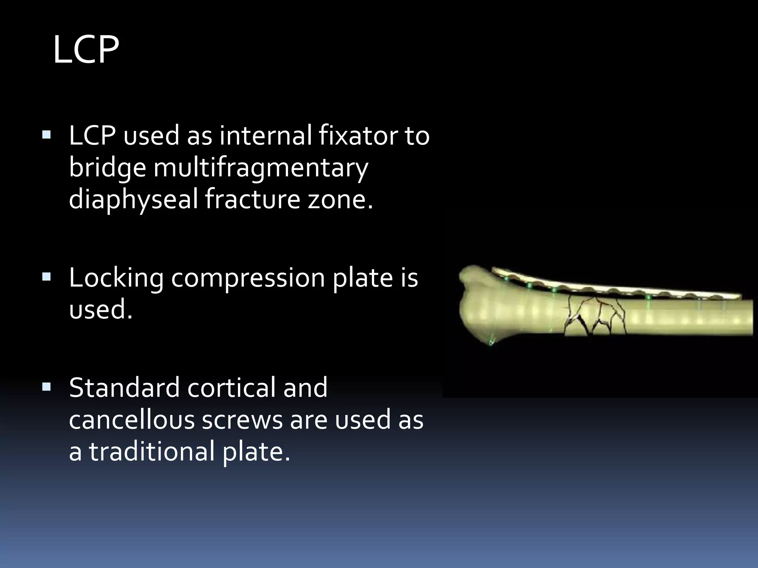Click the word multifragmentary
(261, 168)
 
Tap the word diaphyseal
(133, 200)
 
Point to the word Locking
(116, 278)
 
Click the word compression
(248, 278)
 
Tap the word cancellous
(131, 420)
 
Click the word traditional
(152, 452)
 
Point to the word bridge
(107, 168)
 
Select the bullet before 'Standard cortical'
(46, 387)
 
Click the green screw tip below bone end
(491, 342)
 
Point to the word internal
(265, 135)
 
